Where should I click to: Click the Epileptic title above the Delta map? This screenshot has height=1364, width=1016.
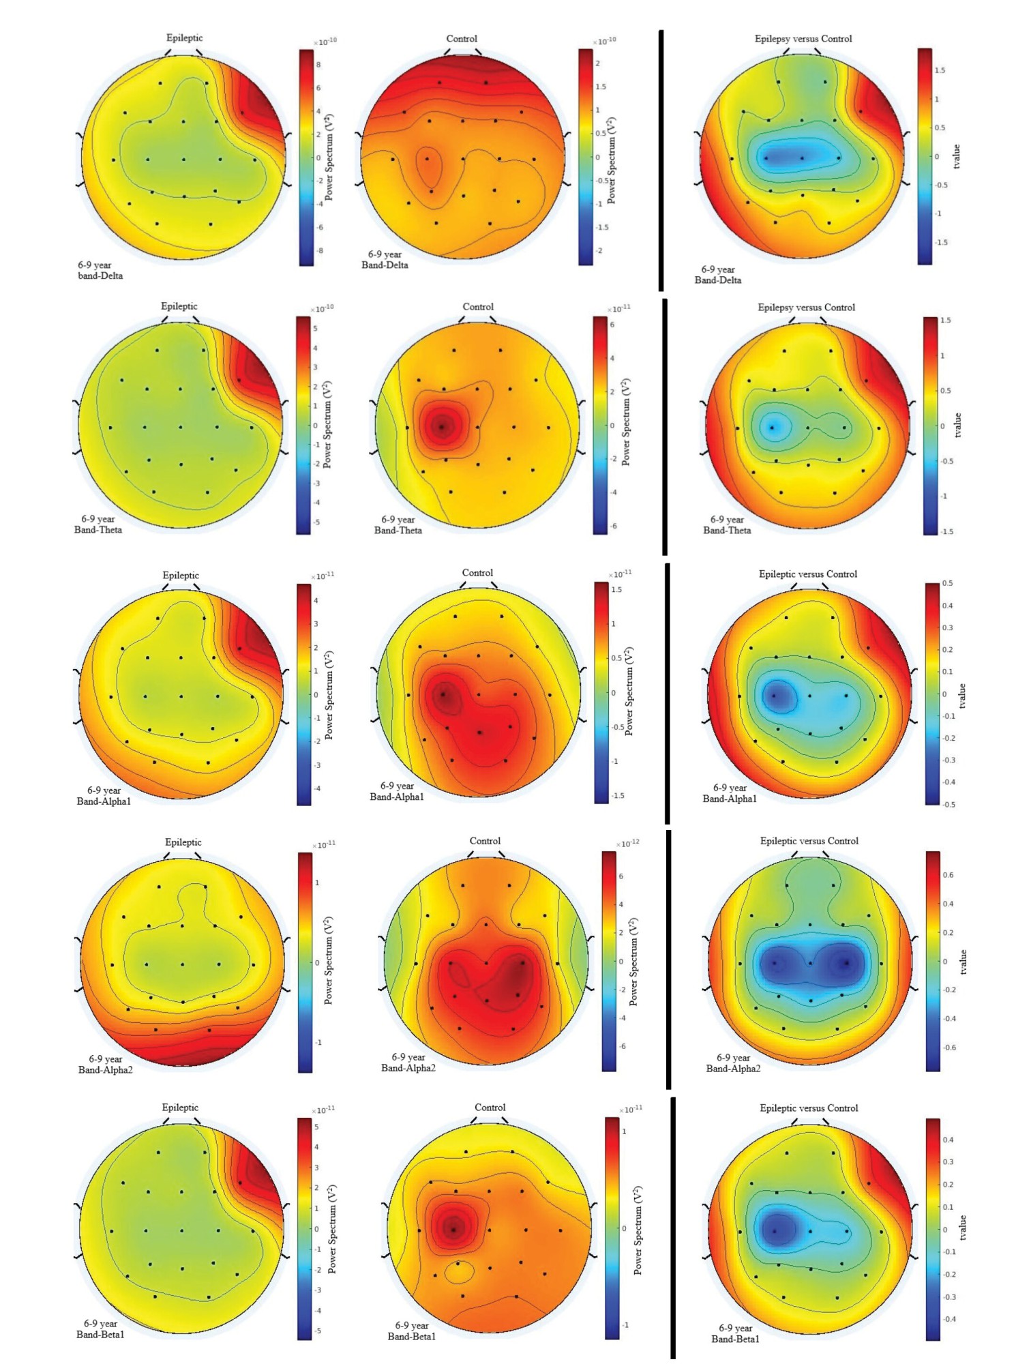tap(184, 38)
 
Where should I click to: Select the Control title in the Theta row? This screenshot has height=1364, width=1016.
tap(478, 307)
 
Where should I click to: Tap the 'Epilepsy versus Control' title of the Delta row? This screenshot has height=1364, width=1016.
tap(803, 39)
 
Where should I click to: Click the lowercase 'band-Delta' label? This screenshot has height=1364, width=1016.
tap(100, 276)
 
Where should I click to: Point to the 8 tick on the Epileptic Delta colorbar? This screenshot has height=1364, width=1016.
tap(318, 65)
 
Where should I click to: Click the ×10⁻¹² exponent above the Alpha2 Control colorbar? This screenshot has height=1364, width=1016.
tap(628, 844)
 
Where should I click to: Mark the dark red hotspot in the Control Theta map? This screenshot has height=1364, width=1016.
tap(441, 426)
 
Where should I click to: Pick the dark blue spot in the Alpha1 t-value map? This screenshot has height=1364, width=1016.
tap(775, 696)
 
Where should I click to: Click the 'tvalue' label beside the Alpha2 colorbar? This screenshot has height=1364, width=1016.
tap(963, 962)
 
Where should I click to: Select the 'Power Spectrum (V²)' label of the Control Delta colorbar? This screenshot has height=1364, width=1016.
tap(612, 160)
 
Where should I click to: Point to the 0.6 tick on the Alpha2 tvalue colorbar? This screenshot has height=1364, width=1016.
tap(948, 875)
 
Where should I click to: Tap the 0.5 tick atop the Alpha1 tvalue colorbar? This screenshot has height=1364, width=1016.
tap(948, 584)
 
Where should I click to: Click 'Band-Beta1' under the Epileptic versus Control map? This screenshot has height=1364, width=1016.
tap(735, 1339)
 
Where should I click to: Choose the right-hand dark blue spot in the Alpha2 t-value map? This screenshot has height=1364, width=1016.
tap(846, 963)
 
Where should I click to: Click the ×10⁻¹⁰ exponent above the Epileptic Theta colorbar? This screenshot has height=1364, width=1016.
tap(323, 308)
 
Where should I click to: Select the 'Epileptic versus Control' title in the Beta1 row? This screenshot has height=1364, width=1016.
tap(809, 1108)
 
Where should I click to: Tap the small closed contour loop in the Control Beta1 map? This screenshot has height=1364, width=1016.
tap(460, 1271)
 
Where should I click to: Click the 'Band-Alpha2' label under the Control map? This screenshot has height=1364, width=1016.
tap(408, 1068)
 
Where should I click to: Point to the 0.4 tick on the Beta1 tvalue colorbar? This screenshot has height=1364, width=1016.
tap(948, 1140)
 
